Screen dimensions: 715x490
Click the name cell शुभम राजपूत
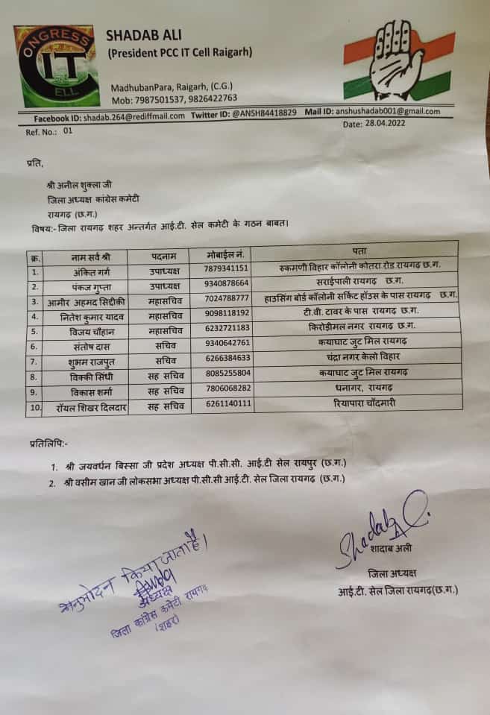pos(94,362)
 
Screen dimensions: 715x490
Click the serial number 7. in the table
pos(35,361)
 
